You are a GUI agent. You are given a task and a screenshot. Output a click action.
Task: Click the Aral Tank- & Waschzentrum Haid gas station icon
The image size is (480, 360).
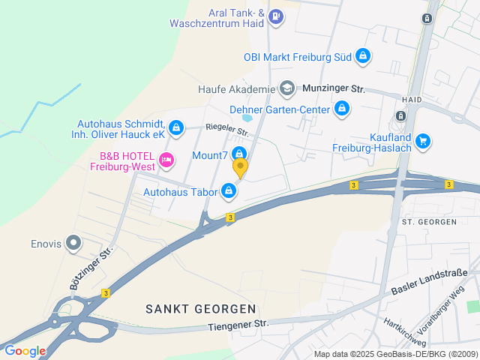point(276,15)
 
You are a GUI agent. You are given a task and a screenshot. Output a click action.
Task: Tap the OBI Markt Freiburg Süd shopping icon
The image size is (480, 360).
point(363,55)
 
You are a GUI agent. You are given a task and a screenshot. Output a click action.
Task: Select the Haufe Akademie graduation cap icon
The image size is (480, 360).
point(286,89)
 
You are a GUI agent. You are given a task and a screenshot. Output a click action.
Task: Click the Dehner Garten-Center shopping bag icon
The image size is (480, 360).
point(342,109)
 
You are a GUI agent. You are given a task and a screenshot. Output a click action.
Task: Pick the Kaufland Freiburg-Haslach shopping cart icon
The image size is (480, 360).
point(423,139)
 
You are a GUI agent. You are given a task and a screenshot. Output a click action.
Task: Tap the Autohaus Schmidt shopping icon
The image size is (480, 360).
point(175,128)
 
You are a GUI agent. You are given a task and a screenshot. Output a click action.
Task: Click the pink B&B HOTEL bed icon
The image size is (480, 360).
point(166,158)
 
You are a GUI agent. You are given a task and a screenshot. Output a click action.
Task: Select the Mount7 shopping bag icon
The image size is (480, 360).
point(240,154)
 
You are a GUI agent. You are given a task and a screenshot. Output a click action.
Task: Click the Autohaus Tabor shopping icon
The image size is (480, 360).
point(229,192)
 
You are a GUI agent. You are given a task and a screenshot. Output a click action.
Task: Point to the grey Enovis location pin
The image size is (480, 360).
point(73,242)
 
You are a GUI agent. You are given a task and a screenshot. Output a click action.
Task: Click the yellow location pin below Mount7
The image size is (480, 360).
point(240,167)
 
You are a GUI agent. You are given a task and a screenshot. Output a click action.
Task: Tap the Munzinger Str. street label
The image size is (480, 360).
point(333,89)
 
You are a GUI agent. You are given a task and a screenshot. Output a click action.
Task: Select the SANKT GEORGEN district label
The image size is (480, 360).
point(200,308)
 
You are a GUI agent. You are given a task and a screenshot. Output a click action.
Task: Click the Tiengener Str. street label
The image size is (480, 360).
point(238,324)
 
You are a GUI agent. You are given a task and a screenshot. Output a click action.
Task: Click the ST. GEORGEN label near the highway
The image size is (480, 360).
point(430,222)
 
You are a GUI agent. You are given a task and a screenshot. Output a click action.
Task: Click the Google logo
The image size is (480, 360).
point(25,350)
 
